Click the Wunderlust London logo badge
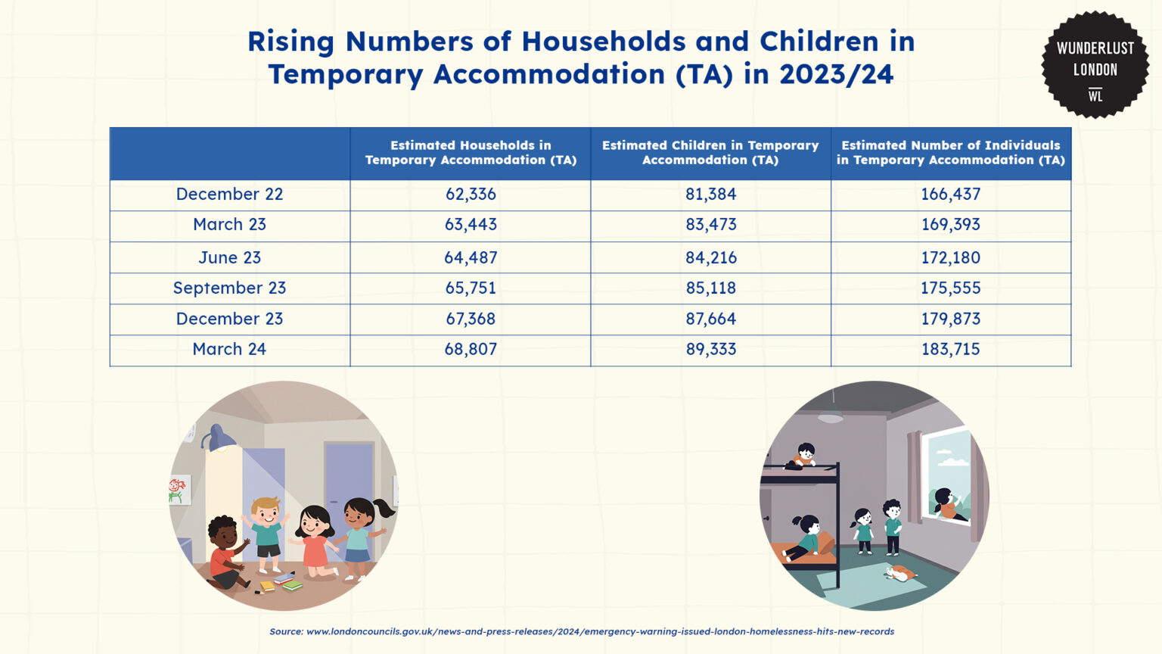pos(1095,65)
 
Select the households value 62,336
pos(471,194)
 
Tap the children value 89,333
pos(710,349)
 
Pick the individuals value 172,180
pos(950,257)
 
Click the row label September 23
pos(229,288)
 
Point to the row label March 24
pos(229,349)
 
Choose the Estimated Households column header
pos(471,153)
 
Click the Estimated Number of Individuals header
pos(950,153)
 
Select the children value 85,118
pos(710,288)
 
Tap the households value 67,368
pos(471,318)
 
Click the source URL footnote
pos(582,631)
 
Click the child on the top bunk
pos(803,456)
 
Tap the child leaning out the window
pos(949,504)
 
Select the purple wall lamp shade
pos(219,438)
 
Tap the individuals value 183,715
pos(950,349)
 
